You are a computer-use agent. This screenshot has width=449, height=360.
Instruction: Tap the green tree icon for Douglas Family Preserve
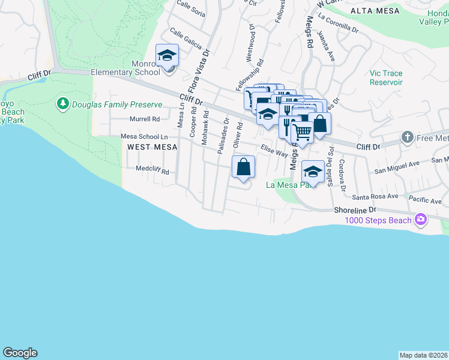62,104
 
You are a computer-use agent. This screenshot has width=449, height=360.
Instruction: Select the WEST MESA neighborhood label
149,147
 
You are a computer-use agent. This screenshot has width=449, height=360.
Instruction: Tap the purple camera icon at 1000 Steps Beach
420,220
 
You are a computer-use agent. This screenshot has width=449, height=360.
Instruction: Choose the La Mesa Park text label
291,185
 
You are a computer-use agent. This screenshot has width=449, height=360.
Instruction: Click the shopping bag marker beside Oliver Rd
243,168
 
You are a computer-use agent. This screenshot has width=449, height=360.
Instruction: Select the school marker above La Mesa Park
313,173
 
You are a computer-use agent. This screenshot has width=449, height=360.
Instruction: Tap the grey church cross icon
408,137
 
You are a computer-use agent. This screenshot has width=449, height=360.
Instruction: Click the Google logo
20,353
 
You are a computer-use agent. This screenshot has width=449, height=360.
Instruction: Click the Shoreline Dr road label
355,209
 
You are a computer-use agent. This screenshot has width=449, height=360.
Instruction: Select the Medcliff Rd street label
152,171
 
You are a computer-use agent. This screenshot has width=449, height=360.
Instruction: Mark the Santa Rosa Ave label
375,196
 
